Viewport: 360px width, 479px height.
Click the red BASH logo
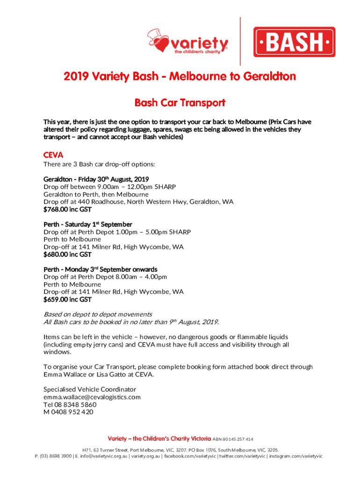pyautogui.click(x=294, y=42)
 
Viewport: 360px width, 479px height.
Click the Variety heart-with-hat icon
pyautogui.click(x=157, y=41)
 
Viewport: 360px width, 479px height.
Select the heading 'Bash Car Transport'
pyautogui.click(x=180, y=102)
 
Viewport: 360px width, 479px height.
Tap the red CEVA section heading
pyautogui.click(x=53, y=154)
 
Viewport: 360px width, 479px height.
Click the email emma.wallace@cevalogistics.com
pyautogui.click(x=92, y=397)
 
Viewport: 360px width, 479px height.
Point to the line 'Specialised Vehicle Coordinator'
pyautogui.click(x=90, y=389)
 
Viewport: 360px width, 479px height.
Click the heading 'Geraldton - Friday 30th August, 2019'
pyautogui.click(x=96, y=179)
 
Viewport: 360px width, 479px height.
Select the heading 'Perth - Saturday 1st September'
pyautogui.click(x=88, y=224)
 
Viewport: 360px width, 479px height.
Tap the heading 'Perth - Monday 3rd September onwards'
pyautogui.click(x=101, y=269)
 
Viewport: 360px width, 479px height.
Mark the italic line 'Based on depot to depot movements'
pyautogui.click(x=98, y=314)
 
